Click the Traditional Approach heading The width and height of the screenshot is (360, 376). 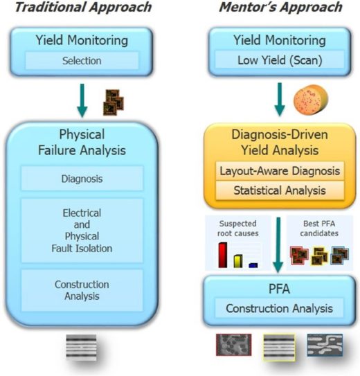[x=83, y=7]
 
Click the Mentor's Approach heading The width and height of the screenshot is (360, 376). [x=280, y=7]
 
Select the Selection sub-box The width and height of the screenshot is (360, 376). [x=82, y=61]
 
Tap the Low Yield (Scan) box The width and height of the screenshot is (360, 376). [x=280, y=60]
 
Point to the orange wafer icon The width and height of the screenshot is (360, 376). [x=311, y=100]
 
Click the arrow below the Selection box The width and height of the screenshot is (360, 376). [x=82, y=100]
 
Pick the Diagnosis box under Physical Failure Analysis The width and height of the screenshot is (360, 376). [x=82, y=179]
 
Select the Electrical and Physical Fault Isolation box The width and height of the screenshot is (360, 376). [x=82, y=231]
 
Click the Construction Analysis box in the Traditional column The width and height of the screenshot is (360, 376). [x=82, y=290]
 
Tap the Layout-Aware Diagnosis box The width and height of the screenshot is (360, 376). [x=280, y=171]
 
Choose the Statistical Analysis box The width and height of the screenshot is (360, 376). [x=280, y=190]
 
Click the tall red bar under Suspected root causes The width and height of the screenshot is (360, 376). [x=223, y=255]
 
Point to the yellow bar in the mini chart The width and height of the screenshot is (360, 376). [x=238, y=261]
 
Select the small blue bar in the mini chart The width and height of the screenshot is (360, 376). [x=253, y=265]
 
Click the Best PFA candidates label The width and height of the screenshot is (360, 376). [x=319, y=229]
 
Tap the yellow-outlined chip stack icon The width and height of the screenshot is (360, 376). [x=319, y=256]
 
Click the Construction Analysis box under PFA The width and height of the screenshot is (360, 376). [x=279, y=308]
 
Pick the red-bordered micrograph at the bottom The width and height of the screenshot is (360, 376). [x=234, y=345]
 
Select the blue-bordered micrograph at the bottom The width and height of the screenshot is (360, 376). [x=325, y=345]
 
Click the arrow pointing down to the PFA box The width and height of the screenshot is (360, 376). [x=278, y=245]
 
